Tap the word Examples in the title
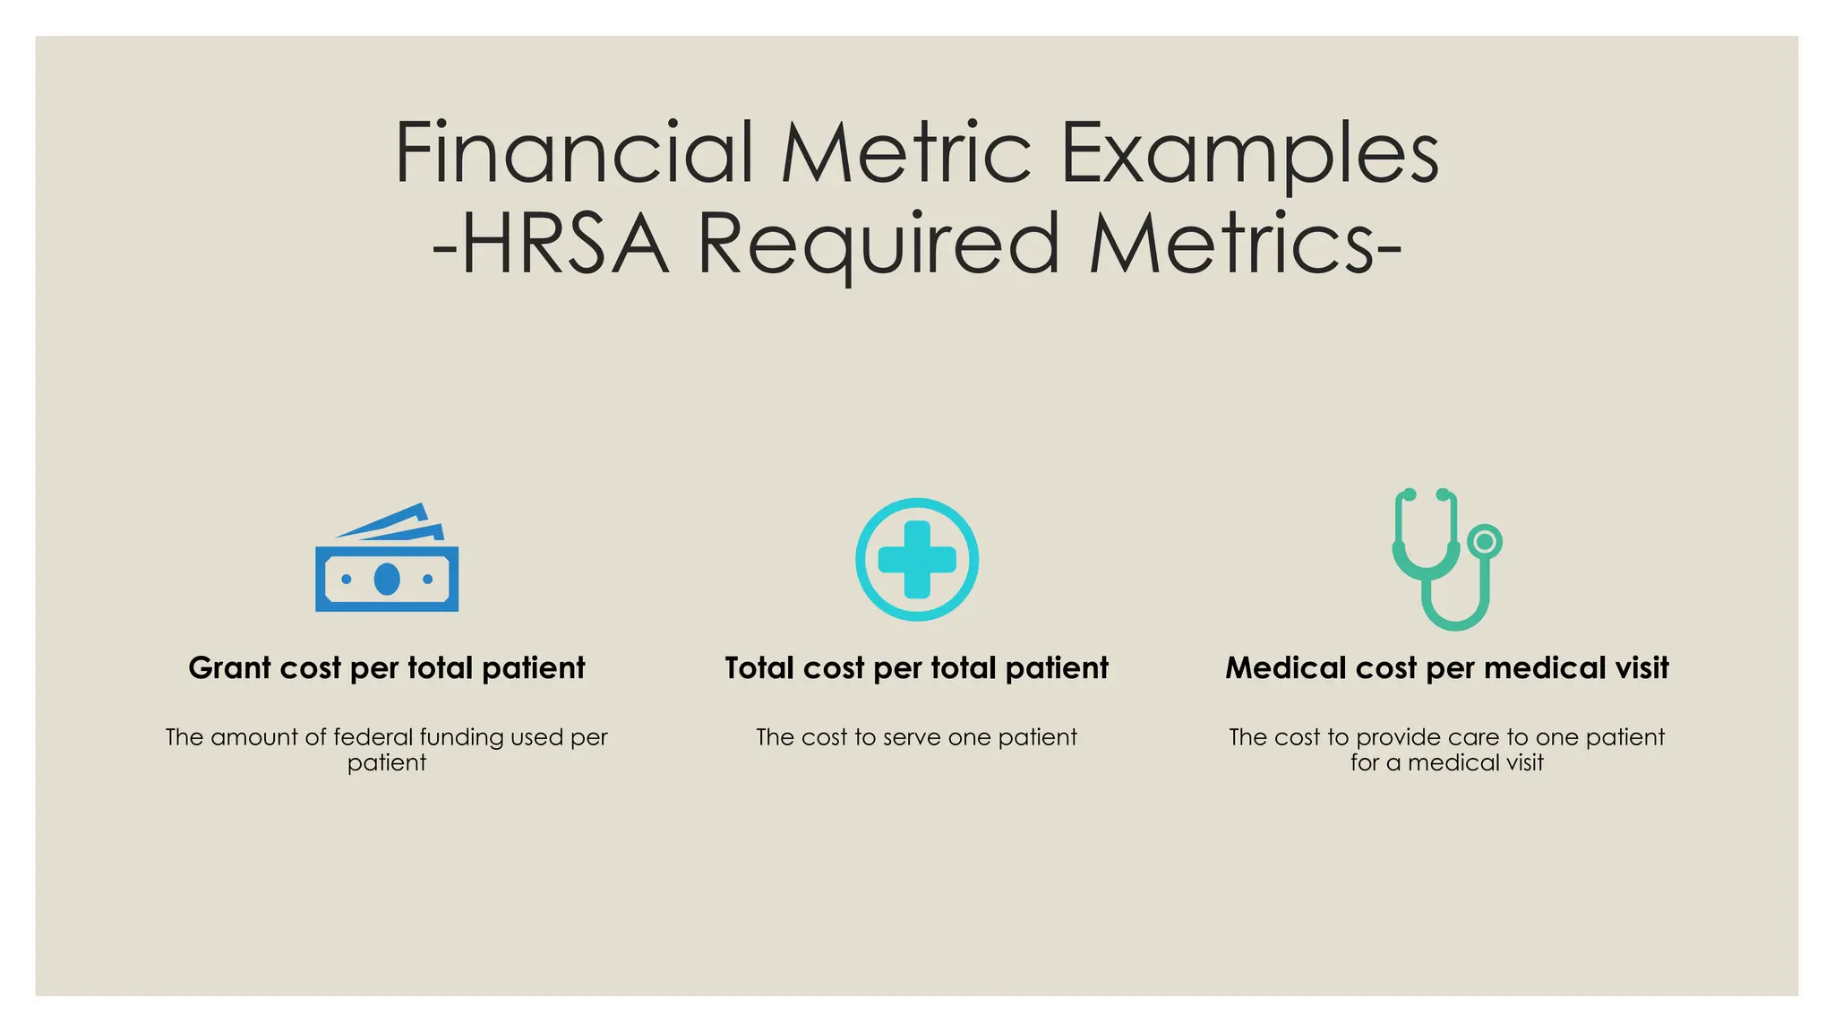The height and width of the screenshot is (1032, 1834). coord(1249,154)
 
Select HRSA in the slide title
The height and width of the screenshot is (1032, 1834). coord(564,244)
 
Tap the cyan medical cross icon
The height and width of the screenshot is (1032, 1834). coord(917,560)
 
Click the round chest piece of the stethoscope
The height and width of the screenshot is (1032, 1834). coord(1485,541)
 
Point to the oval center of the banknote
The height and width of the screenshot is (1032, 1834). coord(387,580)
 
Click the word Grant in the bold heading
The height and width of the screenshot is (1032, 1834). coord(229,668)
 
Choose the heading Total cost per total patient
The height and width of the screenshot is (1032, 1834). coord(916,668)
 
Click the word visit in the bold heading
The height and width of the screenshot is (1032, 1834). coord(1642,668)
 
